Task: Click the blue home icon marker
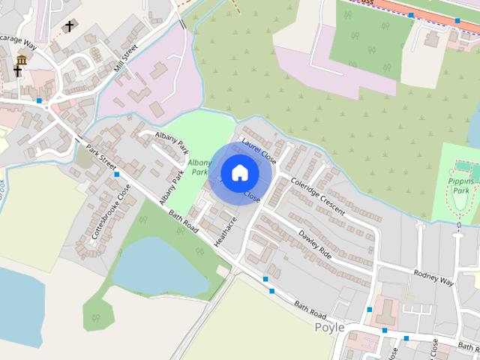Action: (x=239, y=172)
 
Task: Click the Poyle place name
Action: (x=329, y=327)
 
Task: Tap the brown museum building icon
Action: (x=22, y=59)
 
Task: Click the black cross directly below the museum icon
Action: (x=18, y=72)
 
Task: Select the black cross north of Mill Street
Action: (x=69, y=26)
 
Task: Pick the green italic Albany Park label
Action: (x=198, y=166)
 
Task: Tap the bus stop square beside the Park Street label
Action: (x=117, y=174)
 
